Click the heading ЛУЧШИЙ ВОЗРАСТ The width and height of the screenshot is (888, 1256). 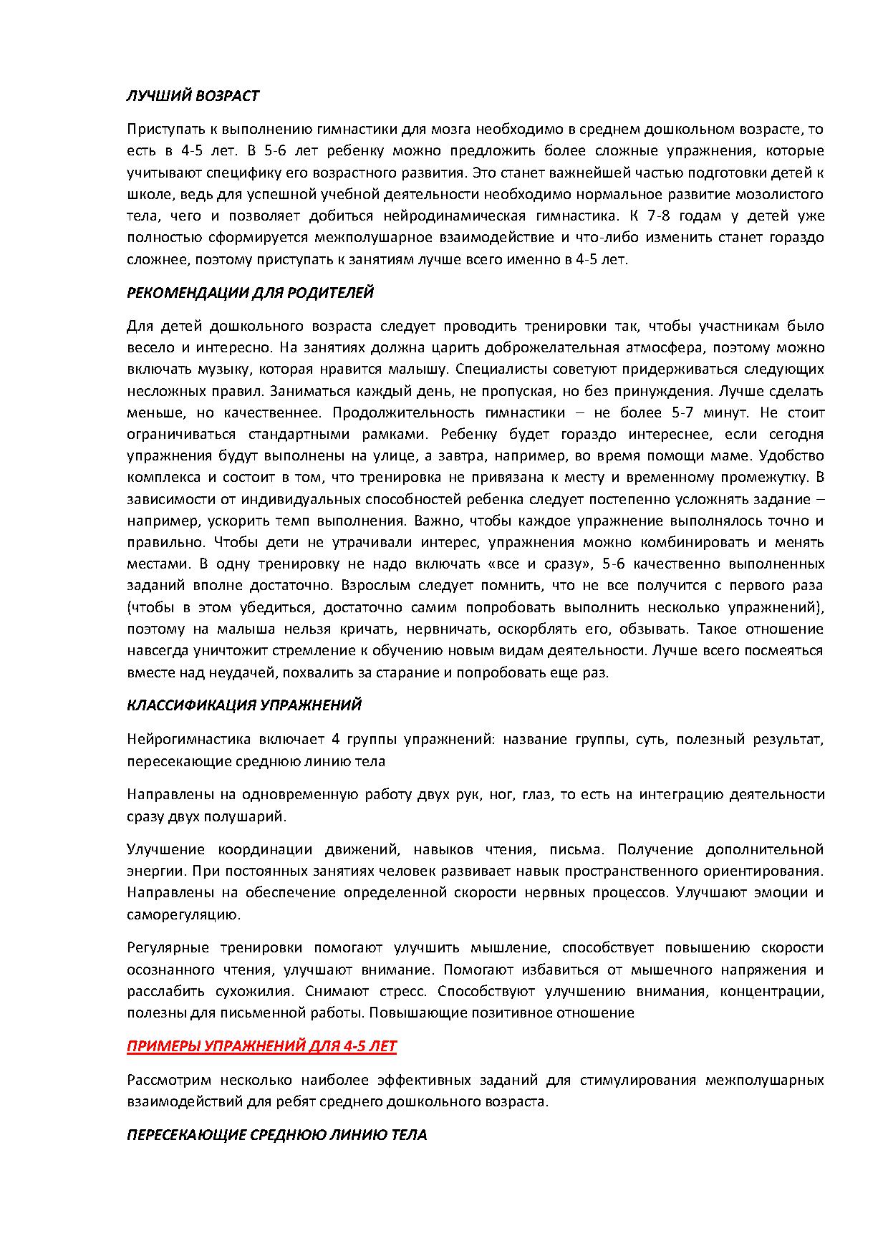pos(193,95)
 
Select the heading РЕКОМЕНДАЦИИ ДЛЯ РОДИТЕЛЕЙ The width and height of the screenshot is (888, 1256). pos(250,292)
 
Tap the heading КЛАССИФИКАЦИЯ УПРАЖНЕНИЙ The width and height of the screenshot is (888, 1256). pos(244,705)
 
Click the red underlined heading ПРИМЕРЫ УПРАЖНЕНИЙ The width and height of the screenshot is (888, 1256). pos(261,1046)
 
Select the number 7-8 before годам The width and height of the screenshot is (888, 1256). pos(660,216)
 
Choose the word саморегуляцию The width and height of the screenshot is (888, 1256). pos(182,914)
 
